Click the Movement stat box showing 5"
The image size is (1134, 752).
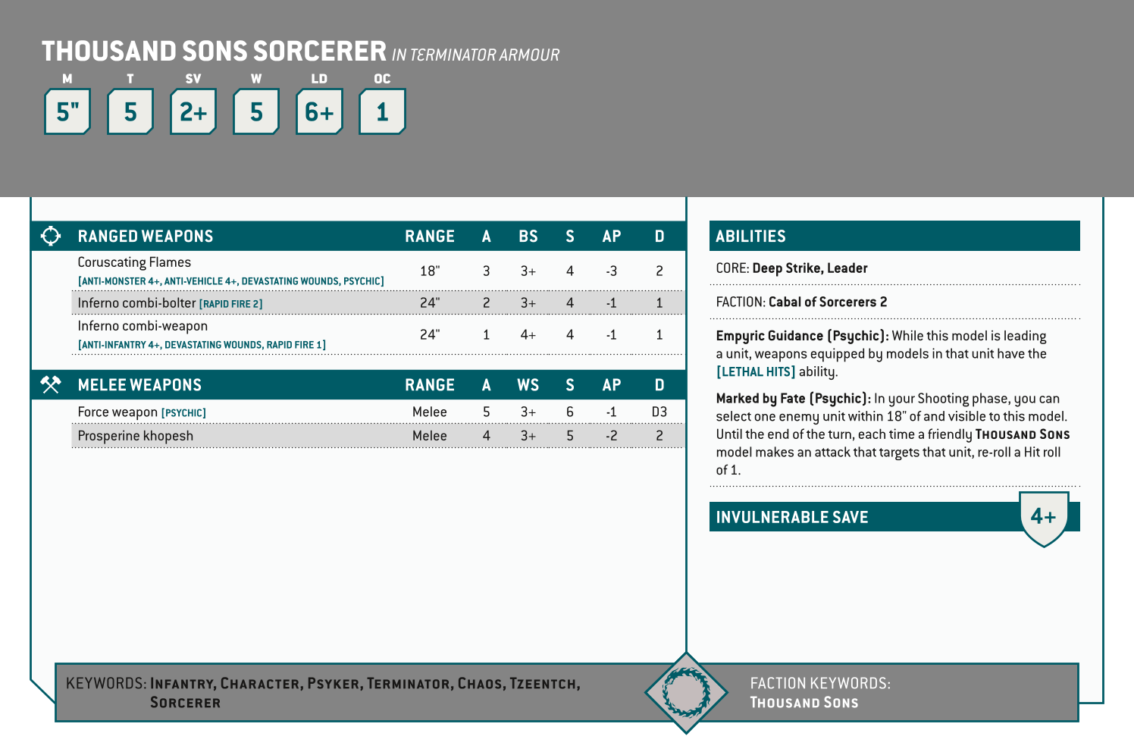(x=67, y=112)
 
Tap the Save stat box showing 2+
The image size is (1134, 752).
(x=193, y=112)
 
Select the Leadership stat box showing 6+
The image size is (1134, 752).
(x=319, y=112)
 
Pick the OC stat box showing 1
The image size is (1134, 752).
(x=382, y=112)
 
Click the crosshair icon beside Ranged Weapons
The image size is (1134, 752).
(x=51, y=236)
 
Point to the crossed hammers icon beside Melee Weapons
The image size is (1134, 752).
(x=51, y=384)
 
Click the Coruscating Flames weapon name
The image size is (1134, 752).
(x=134, y=262)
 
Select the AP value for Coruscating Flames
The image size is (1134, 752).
(x=611, y=271)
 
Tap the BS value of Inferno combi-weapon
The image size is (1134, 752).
(x=528, y=334)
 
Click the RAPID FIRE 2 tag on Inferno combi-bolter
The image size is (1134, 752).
(x=230, y=304)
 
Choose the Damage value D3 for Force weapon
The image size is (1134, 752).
(x=659, y=412)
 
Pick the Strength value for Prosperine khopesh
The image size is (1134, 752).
(x=569, y=436)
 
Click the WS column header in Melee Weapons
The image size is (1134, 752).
(x=528, y=385)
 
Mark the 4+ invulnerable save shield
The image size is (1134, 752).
(x=1043, y=518)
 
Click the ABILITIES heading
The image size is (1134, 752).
(x=750, y=237)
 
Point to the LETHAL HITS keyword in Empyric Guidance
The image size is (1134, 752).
(x=756, y=371)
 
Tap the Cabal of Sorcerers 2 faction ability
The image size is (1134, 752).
(x=827, y=302)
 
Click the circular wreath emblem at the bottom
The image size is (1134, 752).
(x=686, y=691)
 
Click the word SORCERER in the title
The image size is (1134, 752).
(x=319, y=52)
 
